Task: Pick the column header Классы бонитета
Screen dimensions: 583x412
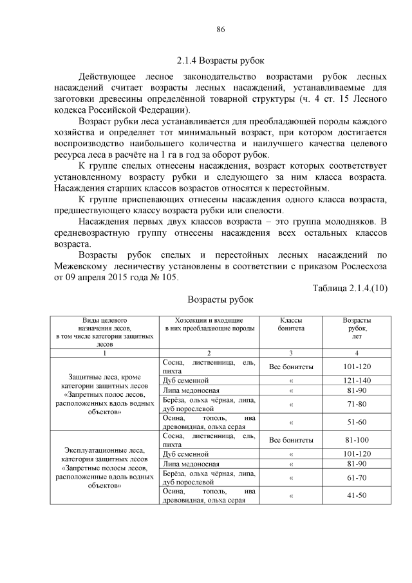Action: coord(291,323)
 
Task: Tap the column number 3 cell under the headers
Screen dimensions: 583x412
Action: coord(291,353)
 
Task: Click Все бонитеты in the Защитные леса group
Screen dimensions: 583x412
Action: coord(291,367)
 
